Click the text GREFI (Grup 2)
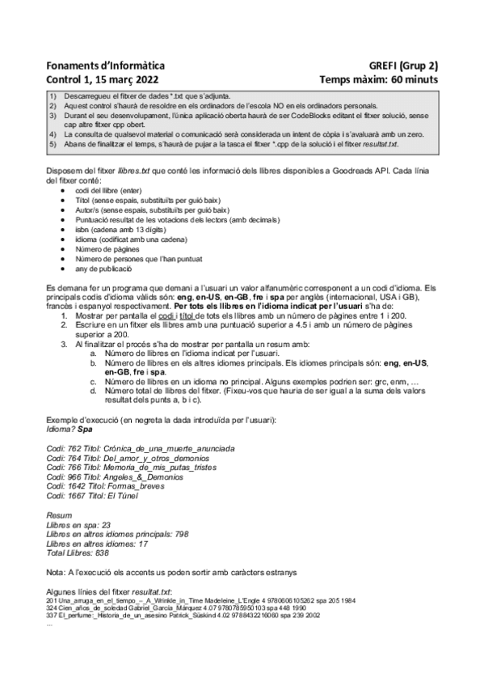(x=403, y=66)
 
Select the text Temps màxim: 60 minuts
(x=378, y=80)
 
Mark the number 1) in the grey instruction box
(x=53, y=97)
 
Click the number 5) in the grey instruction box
(x=53, y=144)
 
